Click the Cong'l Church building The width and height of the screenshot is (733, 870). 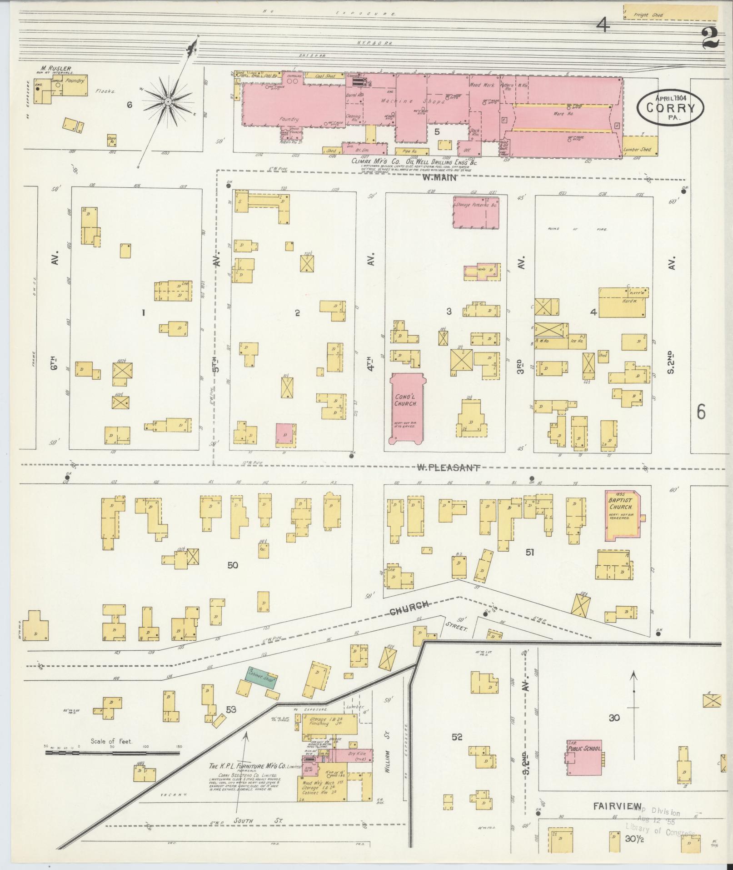407,407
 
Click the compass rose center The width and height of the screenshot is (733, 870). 168,101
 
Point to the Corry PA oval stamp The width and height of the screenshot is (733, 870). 670,107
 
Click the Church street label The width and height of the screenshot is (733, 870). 409,604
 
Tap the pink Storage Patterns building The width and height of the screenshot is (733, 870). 476,212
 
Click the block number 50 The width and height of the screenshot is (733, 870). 233,565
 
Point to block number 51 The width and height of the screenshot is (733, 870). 529,553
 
